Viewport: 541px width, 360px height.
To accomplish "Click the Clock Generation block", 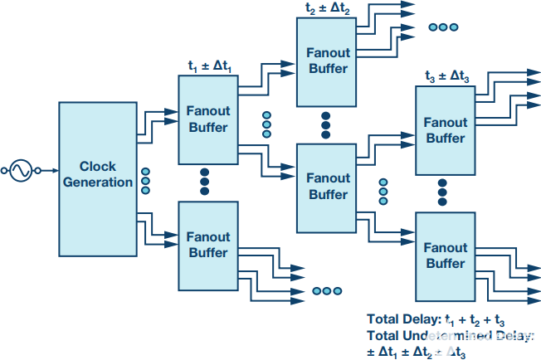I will coord(97,174).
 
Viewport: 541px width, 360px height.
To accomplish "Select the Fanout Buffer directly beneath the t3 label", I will coord(446,130).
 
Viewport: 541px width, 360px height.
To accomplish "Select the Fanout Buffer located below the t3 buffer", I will coord(446,255).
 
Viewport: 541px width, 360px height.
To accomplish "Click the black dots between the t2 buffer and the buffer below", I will coord(326,124).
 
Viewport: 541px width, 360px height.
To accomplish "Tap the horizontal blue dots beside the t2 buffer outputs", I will coord(443,27).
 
